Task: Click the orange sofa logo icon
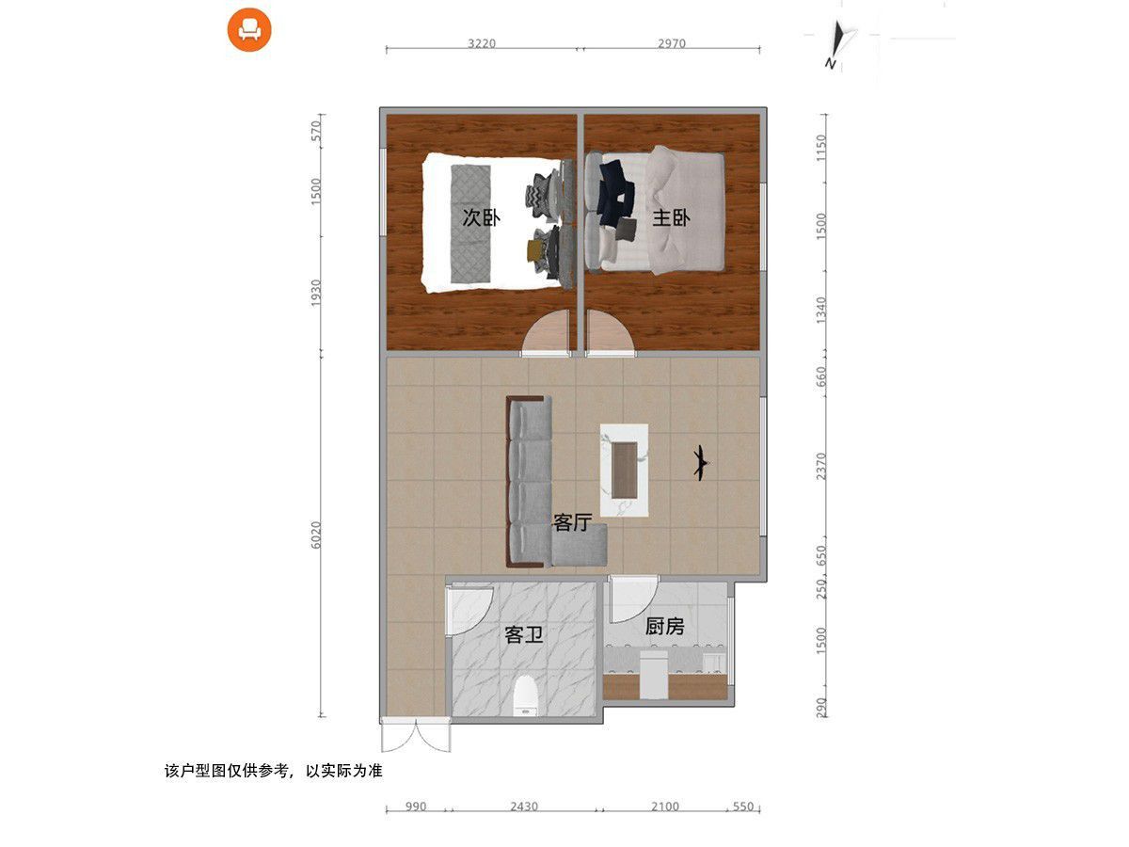coord(249,30)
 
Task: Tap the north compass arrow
coord(837,43)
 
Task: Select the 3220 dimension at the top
coord(482,43)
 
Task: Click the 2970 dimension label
coord(671,43)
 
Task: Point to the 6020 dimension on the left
coord(316,535)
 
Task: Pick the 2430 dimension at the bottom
coord(524,806)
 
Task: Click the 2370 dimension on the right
coord(821,467)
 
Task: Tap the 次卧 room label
coord(481,217)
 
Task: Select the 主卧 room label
coord(671,218)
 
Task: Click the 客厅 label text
coord(572,522)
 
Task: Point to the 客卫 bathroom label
coord(524,634)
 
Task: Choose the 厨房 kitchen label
coord(664,627)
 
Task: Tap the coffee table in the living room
coord(624,470)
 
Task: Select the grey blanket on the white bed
coord(470,224)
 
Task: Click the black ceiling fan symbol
coord(701,463)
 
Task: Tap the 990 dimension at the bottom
coord(416,807)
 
